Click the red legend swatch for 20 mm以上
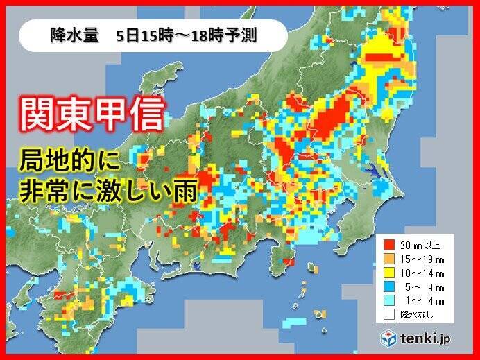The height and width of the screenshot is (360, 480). [390, 244]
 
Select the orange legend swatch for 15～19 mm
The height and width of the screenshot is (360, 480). [390, 258]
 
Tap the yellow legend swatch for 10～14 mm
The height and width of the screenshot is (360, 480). [390, 272]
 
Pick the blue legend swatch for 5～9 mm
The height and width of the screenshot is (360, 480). [390, 286]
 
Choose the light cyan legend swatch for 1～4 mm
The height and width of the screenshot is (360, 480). [390, 300]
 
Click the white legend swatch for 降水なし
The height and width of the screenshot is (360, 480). [390, 314]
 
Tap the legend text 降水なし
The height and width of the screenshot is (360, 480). [413, 314]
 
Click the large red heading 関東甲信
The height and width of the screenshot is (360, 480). [92, 113]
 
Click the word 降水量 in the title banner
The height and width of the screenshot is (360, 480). [71, 35]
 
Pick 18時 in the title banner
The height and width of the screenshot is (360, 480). [212, 35]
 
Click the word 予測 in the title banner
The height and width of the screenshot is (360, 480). [245, 35]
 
